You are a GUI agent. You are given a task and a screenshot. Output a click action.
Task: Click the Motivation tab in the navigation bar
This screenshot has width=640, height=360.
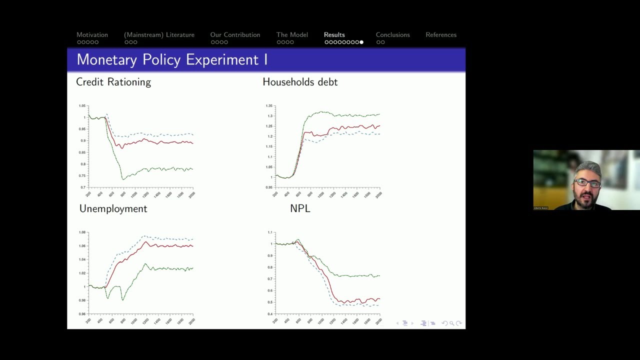pyautogui.click(x=92, y=35)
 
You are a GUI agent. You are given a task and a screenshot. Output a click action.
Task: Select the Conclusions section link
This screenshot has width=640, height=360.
pyautogui.click(x=392, y=35)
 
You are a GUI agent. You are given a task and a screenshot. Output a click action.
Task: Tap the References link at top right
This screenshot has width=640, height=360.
pyautogui.click(x=440, y=35)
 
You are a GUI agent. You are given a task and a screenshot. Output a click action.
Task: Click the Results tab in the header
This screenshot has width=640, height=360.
pyautogui.click(x=334, y=35)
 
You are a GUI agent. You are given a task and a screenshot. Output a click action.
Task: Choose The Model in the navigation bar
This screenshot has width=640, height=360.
pyautogui.click(x=292, y=35)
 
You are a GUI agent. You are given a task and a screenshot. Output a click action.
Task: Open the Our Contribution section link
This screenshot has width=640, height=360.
pyautogui.click(x=235, y=35)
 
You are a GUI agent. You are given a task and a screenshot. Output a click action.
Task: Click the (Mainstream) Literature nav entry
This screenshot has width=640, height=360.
pyautogui.click(x=159, y=35)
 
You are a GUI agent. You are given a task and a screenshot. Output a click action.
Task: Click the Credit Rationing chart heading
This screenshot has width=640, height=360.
pyautogui.click(x=113, y=82)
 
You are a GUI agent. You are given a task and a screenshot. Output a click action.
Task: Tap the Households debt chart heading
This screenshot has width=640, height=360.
pyautogui.click(x=300, y=82)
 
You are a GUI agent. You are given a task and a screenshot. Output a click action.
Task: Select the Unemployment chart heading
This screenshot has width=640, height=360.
pyautogui.click(x=113, y=209)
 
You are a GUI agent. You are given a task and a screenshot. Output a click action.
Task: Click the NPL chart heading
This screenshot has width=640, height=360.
pyautogui.click(x=300, y=209)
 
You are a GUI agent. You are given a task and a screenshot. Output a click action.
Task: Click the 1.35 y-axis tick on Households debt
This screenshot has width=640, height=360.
pyautogui.click(x=269, y=106)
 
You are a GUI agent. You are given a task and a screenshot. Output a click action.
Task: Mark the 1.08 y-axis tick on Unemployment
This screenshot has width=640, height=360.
pyautogui.click(x=82, y=232)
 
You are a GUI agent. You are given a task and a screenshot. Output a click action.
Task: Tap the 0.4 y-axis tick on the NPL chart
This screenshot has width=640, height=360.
pyautogui.click(x=270, y=314)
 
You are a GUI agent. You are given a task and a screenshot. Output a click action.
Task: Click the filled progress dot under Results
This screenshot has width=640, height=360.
pyautogui.click(x=361, y=42)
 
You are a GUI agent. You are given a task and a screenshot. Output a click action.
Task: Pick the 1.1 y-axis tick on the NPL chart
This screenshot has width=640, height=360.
pyautogui.click(x=270, y=232)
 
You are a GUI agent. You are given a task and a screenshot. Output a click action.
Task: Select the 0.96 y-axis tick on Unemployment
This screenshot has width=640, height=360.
pyautogui.click(x=82, y=314)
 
